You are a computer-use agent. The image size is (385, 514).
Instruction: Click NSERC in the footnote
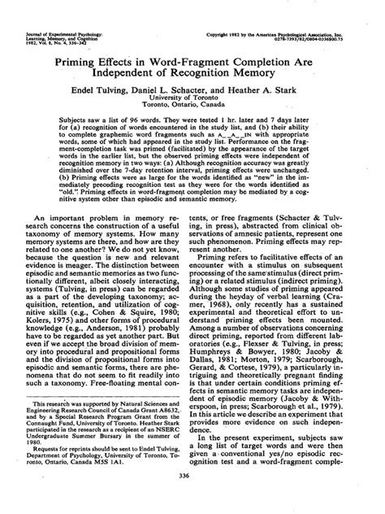click(171, 454)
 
